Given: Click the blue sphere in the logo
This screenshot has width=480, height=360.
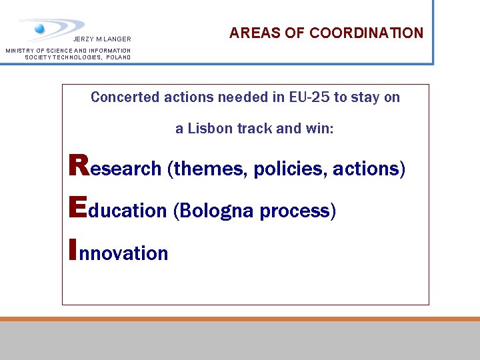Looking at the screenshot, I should point(39,28).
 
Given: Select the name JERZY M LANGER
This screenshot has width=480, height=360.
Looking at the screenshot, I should point(102,39).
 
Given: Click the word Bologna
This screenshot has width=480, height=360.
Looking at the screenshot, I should point(214,211).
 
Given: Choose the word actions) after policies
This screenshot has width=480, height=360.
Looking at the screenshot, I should point(369,169).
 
